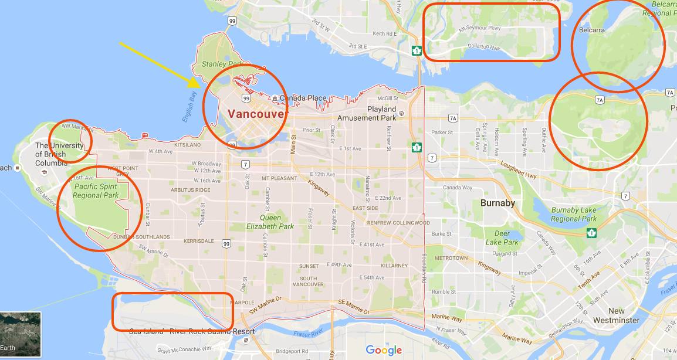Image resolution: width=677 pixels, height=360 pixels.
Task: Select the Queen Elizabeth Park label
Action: click(270, 222)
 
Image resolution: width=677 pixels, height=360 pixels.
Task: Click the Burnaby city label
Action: click(497, 203)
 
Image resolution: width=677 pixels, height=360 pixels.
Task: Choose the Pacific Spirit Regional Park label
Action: click(96, 191)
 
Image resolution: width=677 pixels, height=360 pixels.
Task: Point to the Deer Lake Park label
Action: click(502, 238)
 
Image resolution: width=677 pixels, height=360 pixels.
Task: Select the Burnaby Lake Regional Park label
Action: click(574, 215)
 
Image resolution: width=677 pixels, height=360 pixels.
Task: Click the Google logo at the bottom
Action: click(384, 350)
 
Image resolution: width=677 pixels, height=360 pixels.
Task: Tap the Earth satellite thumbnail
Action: click(21, 334)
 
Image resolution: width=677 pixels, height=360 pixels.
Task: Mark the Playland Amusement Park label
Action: click(381, 113)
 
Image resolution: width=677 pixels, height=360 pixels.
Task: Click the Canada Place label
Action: click(303, 98)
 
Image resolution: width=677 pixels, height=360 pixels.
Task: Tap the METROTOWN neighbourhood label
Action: click(451, 258)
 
